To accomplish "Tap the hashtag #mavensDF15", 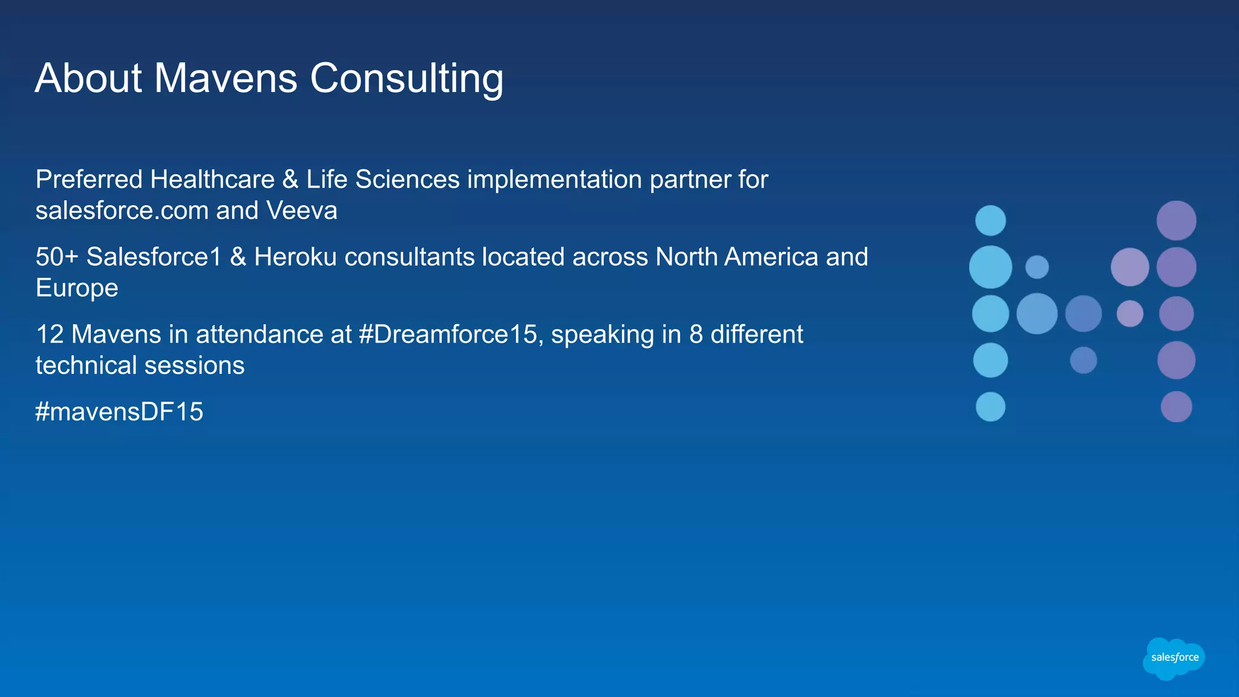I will pos(119,412).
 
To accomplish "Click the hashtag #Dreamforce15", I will pos(447,335).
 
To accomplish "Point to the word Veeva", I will pos(301,211).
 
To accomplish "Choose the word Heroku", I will pos(295,257).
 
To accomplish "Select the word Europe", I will pos(77,289).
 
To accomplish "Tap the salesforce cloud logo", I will pos(1174,658).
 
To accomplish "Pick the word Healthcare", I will pos(212,180).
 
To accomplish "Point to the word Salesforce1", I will pos(154,257).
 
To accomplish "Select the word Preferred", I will pos(89,180).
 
